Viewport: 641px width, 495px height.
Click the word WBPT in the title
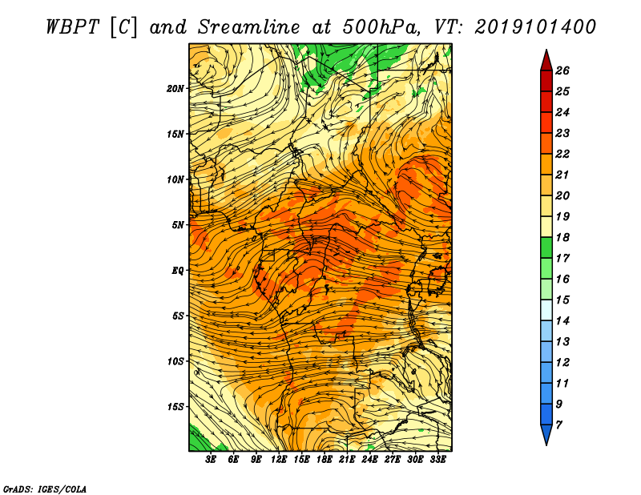73,27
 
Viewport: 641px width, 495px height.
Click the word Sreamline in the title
249,27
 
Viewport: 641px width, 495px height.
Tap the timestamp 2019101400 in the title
534,27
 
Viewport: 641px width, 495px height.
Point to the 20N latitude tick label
175,89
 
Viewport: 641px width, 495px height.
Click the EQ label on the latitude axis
178,271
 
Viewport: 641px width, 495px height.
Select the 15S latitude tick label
175,407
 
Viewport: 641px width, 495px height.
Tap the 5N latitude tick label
178,225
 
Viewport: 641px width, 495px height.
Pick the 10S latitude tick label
175,361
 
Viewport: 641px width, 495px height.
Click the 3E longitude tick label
211,460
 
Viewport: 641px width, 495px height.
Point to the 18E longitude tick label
325,460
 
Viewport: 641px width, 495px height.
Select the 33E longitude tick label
437,460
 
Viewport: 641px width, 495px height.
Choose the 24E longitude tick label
369,460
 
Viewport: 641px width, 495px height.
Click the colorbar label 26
562,70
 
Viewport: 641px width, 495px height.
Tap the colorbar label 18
562,237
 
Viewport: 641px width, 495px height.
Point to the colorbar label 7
558,425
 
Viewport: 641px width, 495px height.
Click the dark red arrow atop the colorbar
546,61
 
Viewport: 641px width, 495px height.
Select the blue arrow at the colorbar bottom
546,434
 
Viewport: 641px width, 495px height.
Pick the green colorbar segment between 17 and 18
546,247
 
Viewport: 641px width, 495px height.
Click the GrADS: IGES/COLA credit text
45,489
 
